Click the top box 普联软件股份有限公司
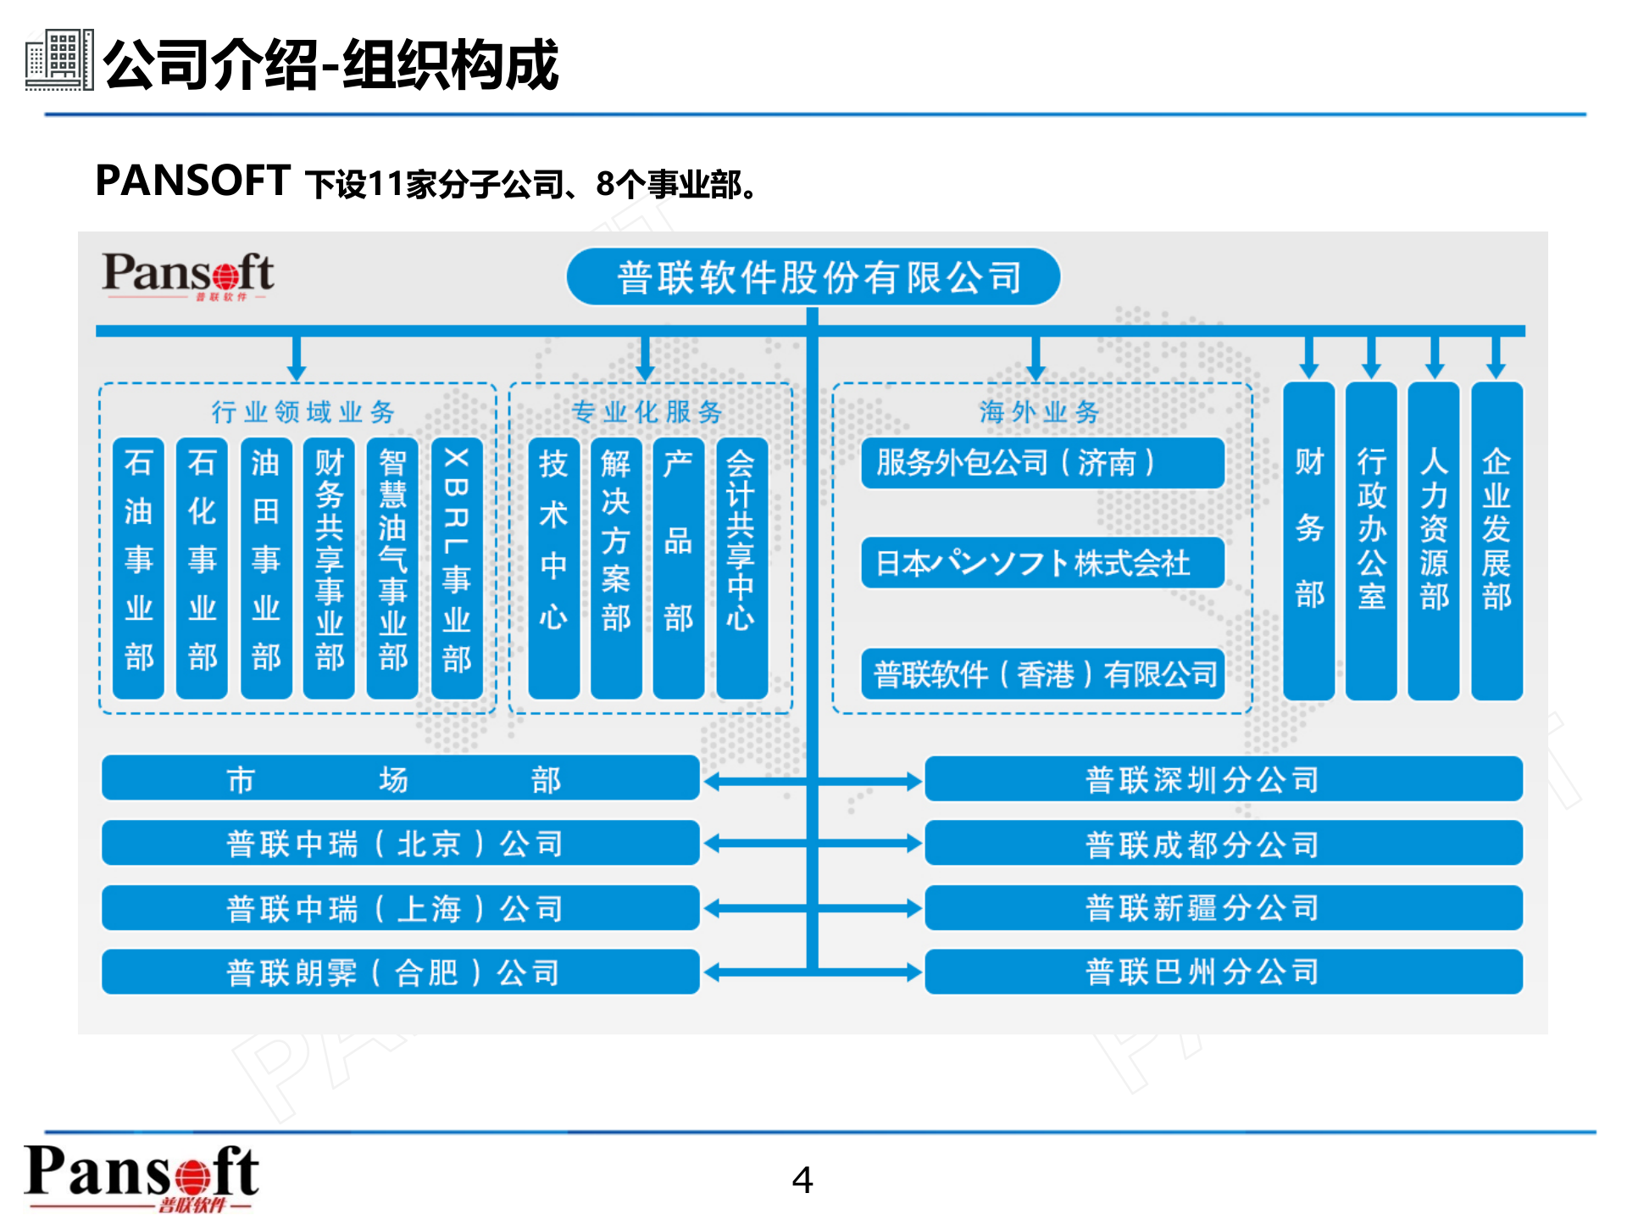813,276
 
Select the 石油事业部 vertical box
138,567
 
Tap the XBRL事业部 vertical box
457,567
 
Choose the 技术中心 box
553,567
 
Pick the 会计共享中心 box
741,567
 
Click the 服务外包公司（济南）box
1042,463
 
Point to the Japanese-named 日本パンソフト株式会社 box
1042,562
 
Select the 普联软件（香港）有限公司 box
1042,674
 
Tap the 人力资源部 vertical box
1434,541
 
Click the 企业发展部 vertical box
1497,541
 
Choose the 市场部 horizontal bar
400,778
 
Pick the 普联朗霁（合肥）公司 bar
400,972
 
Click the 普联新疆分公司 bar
1223,908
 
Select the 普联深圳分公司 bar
1223,778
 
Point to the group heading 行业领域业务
303,412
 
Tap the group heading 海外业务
1040,412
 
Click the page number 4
802,1179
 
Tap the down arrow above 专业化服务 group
645,360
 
